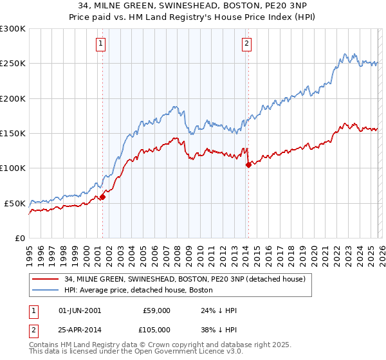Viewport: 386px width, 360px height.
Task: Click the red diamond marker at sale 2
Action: tap(248, 165)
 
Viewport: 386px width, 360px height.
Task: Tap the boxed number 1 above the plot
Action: tap(102, 44)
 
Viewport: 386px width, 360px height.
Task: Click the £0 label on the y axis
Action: tap(19, 238)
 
